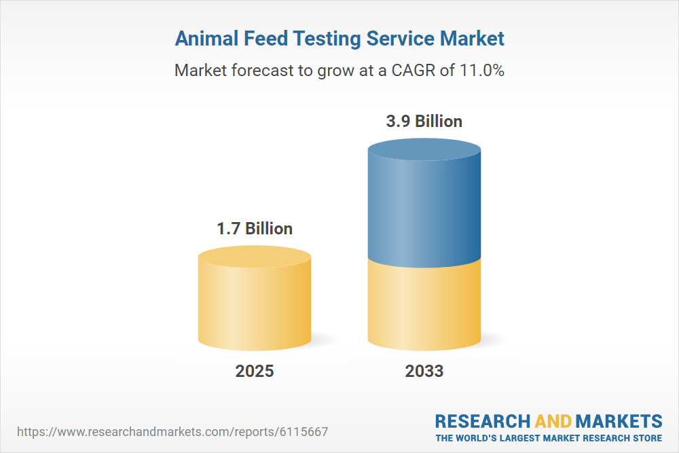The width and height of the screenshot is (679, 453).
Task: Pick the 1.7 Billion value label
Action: coord(255,228)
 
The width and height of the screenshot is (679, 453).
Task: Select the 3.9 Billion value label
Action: coord(424,121)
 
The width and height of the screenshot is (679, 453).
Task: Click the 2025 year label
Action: coord(255,371)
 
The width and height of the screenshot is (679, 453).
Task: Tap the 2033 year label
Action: coord(424,371)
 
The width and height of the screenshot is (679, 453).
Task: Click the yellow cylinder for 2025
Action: coord(255,306)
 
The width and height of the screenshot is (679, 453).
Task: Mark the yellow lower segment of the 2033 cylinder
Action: coord(424,306)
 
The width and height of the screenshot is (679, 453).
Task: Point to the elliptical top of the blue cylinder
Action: coord(424,151)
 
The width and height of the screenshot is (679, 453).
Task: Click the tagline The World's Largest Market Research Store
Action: coord(549,437)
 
